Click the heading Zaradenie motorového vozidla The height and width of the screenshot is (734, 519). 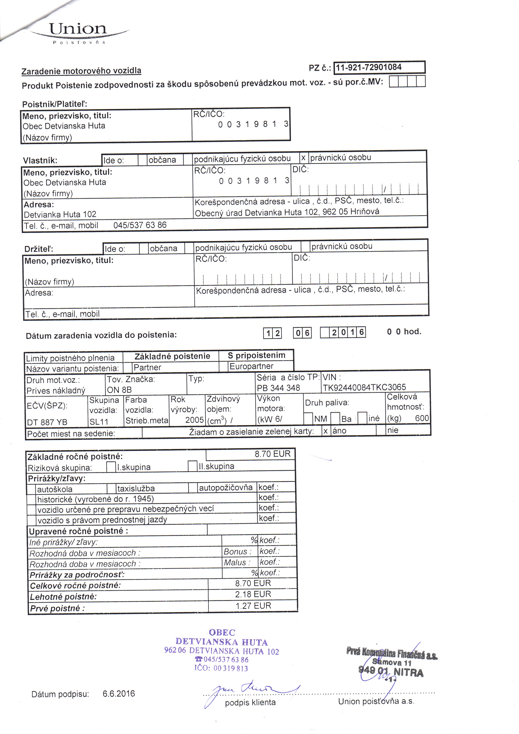[81, 71]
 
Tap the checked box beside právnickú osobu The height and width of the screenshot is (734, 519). [304, 158]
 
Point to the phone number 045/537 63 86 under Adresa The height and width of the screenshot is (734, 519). [140, 225]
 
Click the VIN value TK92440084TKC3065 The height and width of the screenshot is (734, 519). [364, 387]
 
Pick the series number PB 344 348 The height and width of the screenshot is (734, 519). [278, 388]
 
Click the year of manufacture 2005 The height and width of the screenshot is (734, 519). [194, 420]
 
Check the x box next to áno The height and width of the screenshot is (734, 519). [325, 431]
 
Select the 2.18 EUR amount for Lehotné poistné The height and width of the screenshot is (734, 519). [253, 594]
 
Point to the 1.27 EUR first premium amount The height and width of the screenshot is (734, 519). [253, 606]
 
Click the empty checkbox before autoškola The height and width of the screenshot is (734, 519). [31, 489]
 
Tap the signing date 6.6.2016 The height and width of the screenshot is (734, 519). [119, 694]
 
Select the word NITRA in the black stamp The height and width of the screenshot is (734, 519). [408, 673]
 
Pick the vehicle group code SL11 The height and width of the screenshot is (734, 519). [99, 422]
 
